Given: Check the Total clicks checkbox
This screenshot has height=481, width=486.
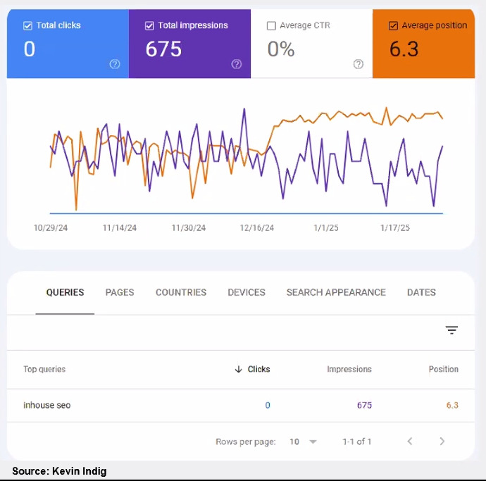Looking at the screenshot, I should pyautogui.click(x=27, y=26).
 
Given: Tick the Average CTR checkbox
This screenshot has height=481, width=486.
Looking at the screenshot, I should pyautogui.click(x=271, y=26).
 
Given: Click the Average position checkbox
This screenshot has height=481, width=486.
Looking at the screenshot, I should pyautogui.click(x=393, y=26).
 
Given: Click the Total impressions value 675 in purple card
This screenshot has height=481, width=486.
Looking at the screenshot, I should pyautogui.click(x=163, y=49).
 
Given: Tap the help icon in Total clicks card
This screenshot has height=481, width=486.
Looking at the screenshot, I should pyautogui.click(x=115, y=64).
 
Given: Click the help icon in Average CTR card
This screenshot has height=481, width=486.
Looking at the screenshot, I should pyautogui.click(x=359, y=64).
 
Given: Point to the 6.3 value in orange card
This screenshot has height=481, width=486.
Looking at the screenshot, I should pyautogui.click(x=404, y=49).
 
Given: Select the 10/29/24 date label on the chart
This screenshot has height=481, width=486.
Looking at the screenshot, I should pyautogui.click(x=51, y=228).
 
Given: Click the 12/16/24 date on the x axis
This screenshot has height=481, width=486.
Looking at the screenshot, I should pyautogui.click(x=257, y=228).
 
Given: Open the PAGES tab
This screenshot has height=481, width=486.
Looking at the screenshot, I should pyautogui.click(x=120, y=292).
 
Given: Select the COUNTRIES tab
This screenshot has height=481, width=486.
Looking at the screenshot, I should pyautogui.click(x=181, y=292).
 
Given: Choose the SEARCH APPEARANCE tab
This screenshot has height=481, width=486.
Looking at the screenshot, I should pyautogui.click(x=336, y=292).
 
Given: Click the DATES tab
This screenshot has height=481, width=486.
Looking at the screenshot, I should pyautogui.click(x=421, y=292).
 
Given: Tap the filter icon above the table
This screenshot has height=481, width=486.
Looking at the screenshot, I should pyautogui.click(x=451, y=330).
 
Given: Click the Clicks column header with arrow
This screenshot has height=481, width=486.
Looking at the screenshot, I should pyautogui.click(x=253, y=369).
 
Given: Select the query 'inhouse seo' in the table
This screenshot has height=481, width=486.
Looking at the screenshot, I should pyautogui.click(x=47, y=405).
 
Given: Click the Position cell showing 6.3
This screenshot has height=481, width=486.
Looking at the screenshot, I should pyautogui.click(x=452, y=405).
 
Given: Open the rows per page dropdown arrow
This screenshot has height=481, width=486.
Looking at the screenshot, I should pyautogui.click(x=313, y=442).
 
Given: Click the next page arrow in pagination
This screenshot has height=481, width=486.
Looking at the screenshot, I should pyautogui.click(x=442, y=442).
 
